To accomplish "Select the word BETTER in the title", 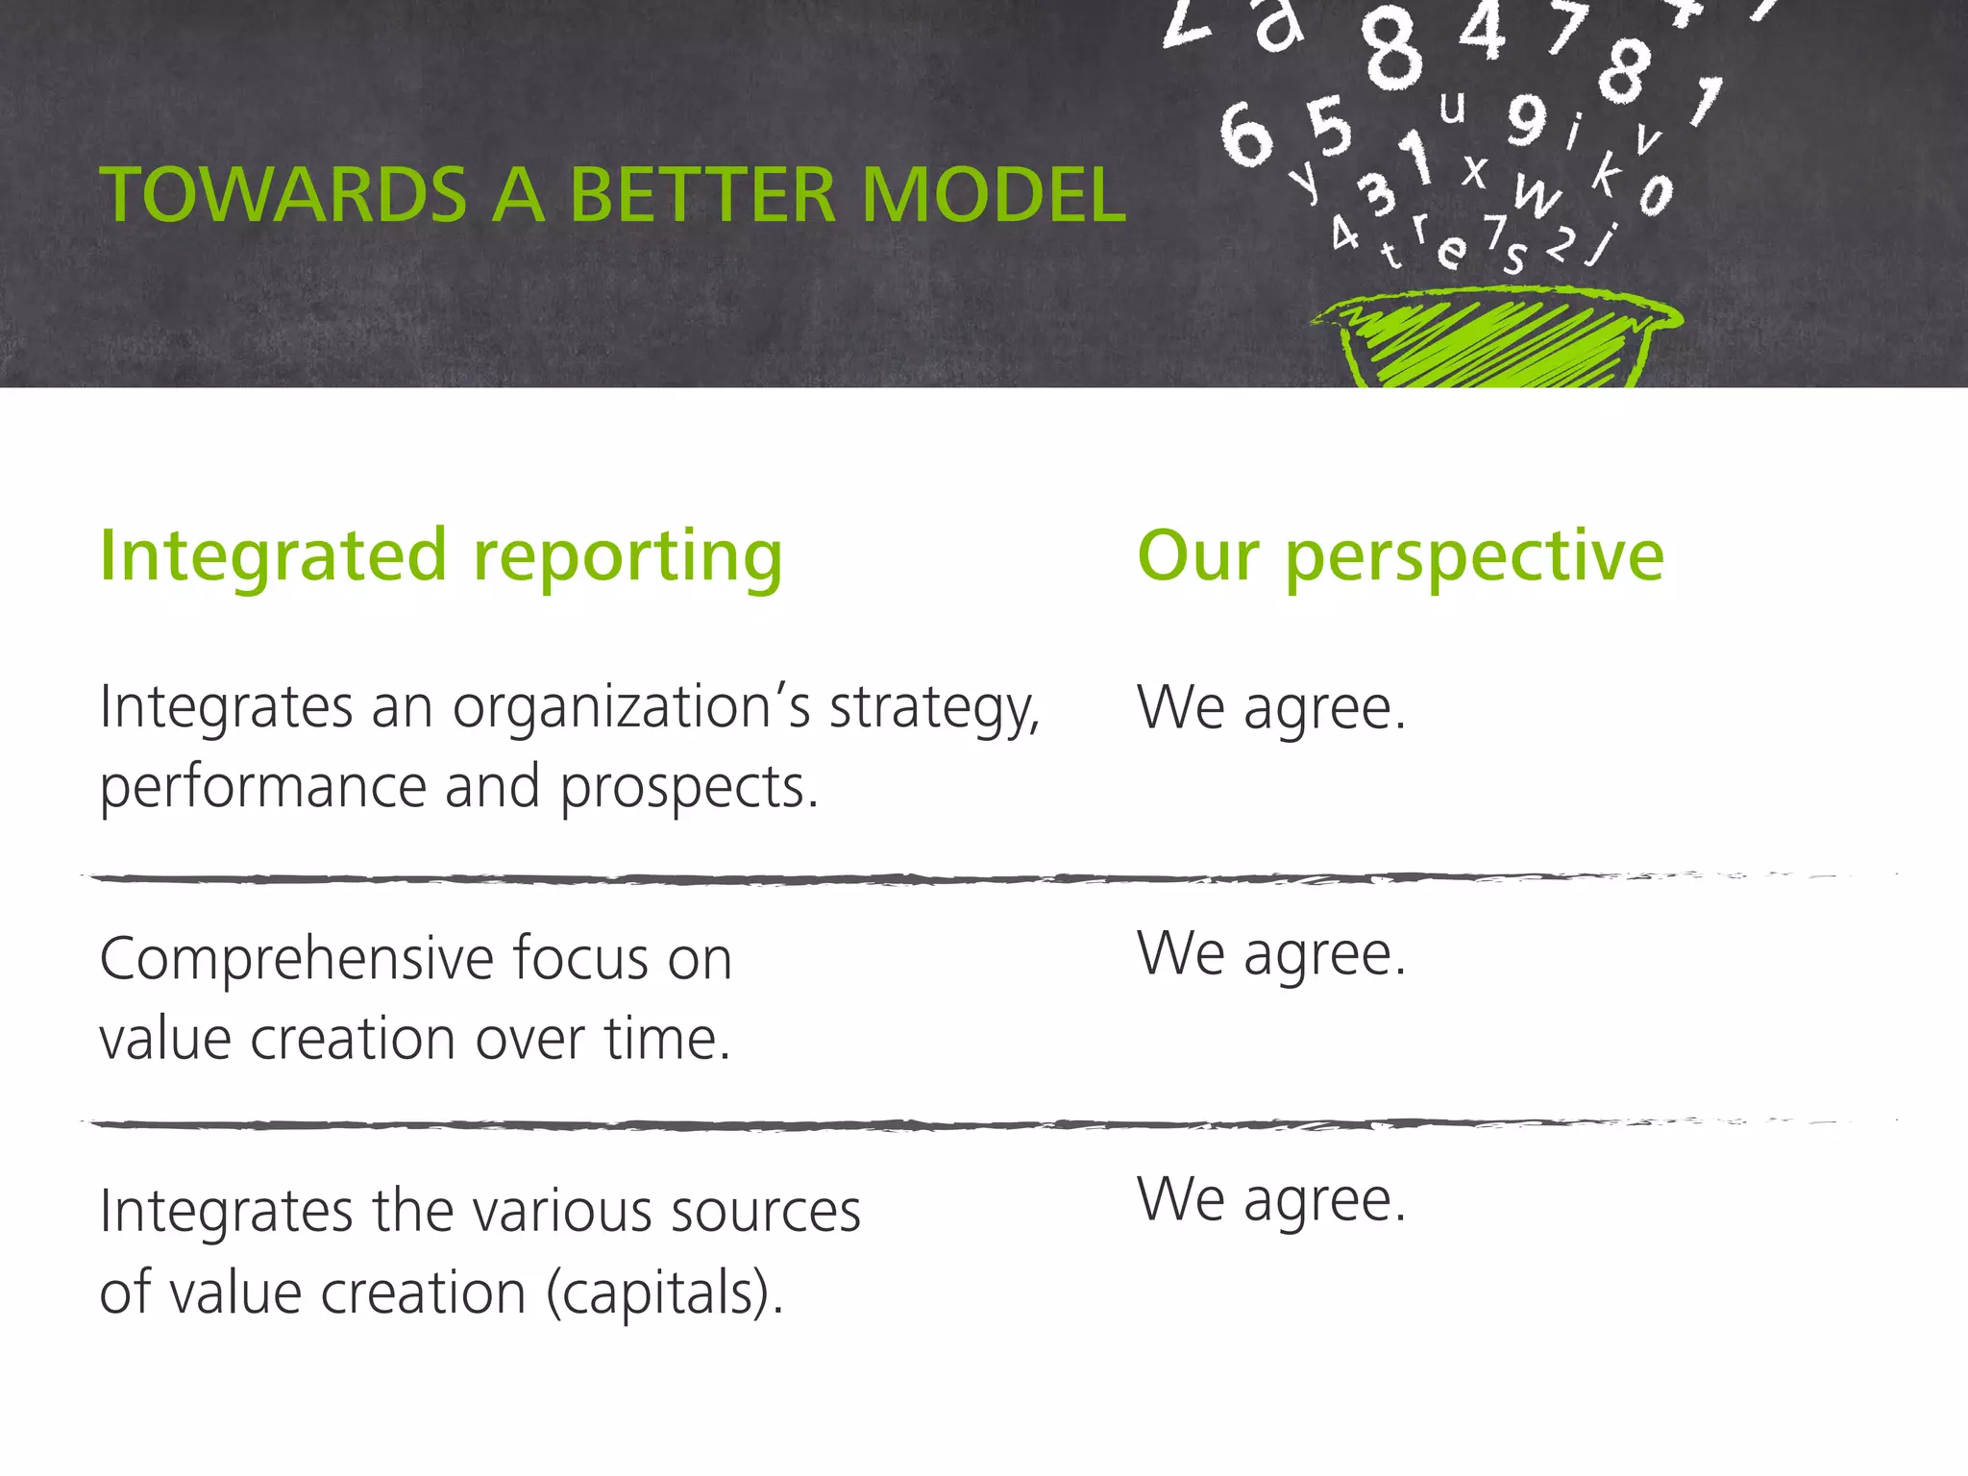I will (702, 195).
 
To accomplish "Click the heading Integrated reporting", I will (441, 557).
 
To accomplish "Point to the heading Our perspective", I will (1400, 557).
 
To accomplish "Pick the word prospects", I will (688, 789).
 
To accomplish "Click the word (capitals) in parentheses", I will (664, 1293).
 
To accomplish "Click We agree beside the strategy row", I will (1271, 709).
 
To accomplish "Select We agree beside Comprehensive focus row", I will (1271, 955).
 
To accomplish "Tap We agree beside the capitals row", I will (1271, 1201).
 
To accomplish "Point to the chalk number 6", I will (1246, 135).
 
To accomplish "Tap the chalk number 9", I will (1527, 119).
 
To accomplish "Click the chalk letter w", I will (1537, 195).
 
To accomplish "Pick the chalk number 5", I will (1330, 127).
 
